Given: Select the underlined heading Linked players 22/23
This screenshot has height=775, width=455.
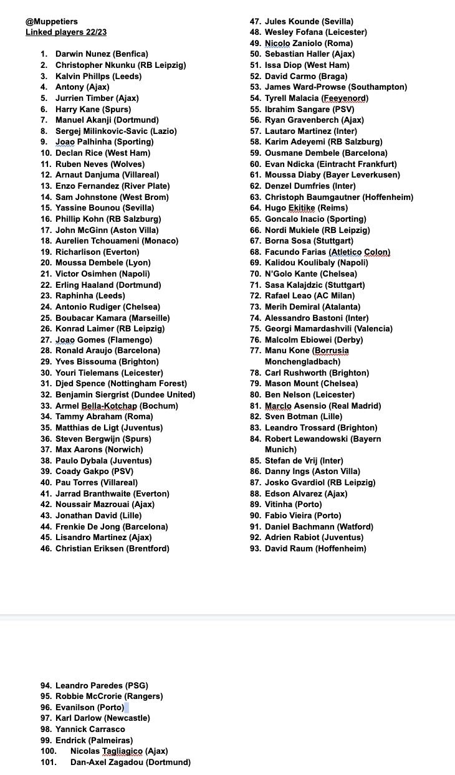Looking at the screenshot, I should point(62,32).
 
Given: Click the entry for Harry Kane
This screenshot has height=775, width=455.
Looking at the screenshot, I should point(93,109).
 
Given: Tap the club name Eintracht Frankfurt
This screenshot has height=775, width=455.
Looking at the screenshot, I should point(360,164).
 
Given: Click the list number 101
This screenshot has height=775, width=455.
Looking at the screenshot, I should point(49,762).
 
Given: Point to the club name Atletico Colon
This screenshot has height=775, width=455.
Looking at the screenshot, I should point(360,252).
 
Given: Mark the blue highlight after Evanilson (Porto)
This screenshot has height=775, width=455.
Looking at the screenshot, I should point(127,707).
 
